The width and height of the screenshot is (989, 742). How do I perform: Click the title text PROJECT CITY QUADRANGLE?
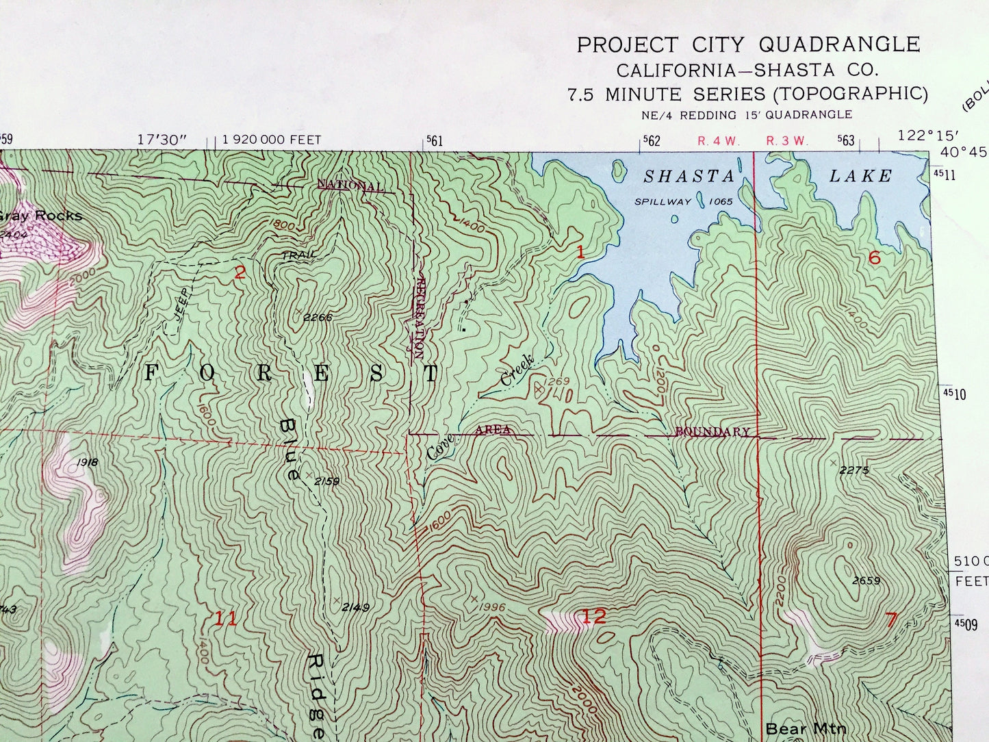click(x=748, y=45)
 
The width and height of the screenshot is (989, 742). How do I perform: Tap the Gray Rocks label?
click(x=40, y=216)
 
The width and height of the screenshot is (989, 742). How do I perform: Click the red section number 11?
click(x=226, y=619)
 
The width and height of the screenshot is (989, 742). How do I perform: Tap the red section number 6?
click(x=874, y=258)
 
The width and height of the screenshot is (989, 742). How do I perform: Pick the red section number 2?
click(x=240, y=273)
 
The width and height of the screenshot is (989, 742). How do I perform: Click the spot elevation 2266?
click(x=318, y=317)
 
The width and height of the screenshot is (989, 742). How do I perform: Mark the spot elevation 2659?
click(x=866, y=581)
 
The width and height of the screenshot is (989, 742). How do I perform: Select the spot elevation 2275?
click(x=853, y=470)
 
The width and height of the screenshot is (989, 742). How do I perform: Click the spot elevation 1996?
click(x=491, y=607)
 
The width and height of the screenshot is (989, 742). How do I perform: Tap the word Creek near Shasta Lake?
click(x=517, y=371)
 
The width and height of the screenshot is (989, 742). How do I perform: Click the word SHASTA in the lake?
click(x=689, y=177)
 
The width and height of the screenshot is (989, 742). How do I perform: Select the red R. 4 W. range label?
click(x=719, y=141)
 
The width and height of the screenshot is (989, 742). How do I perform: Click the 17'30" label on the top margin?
click(x=162, y=140)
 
